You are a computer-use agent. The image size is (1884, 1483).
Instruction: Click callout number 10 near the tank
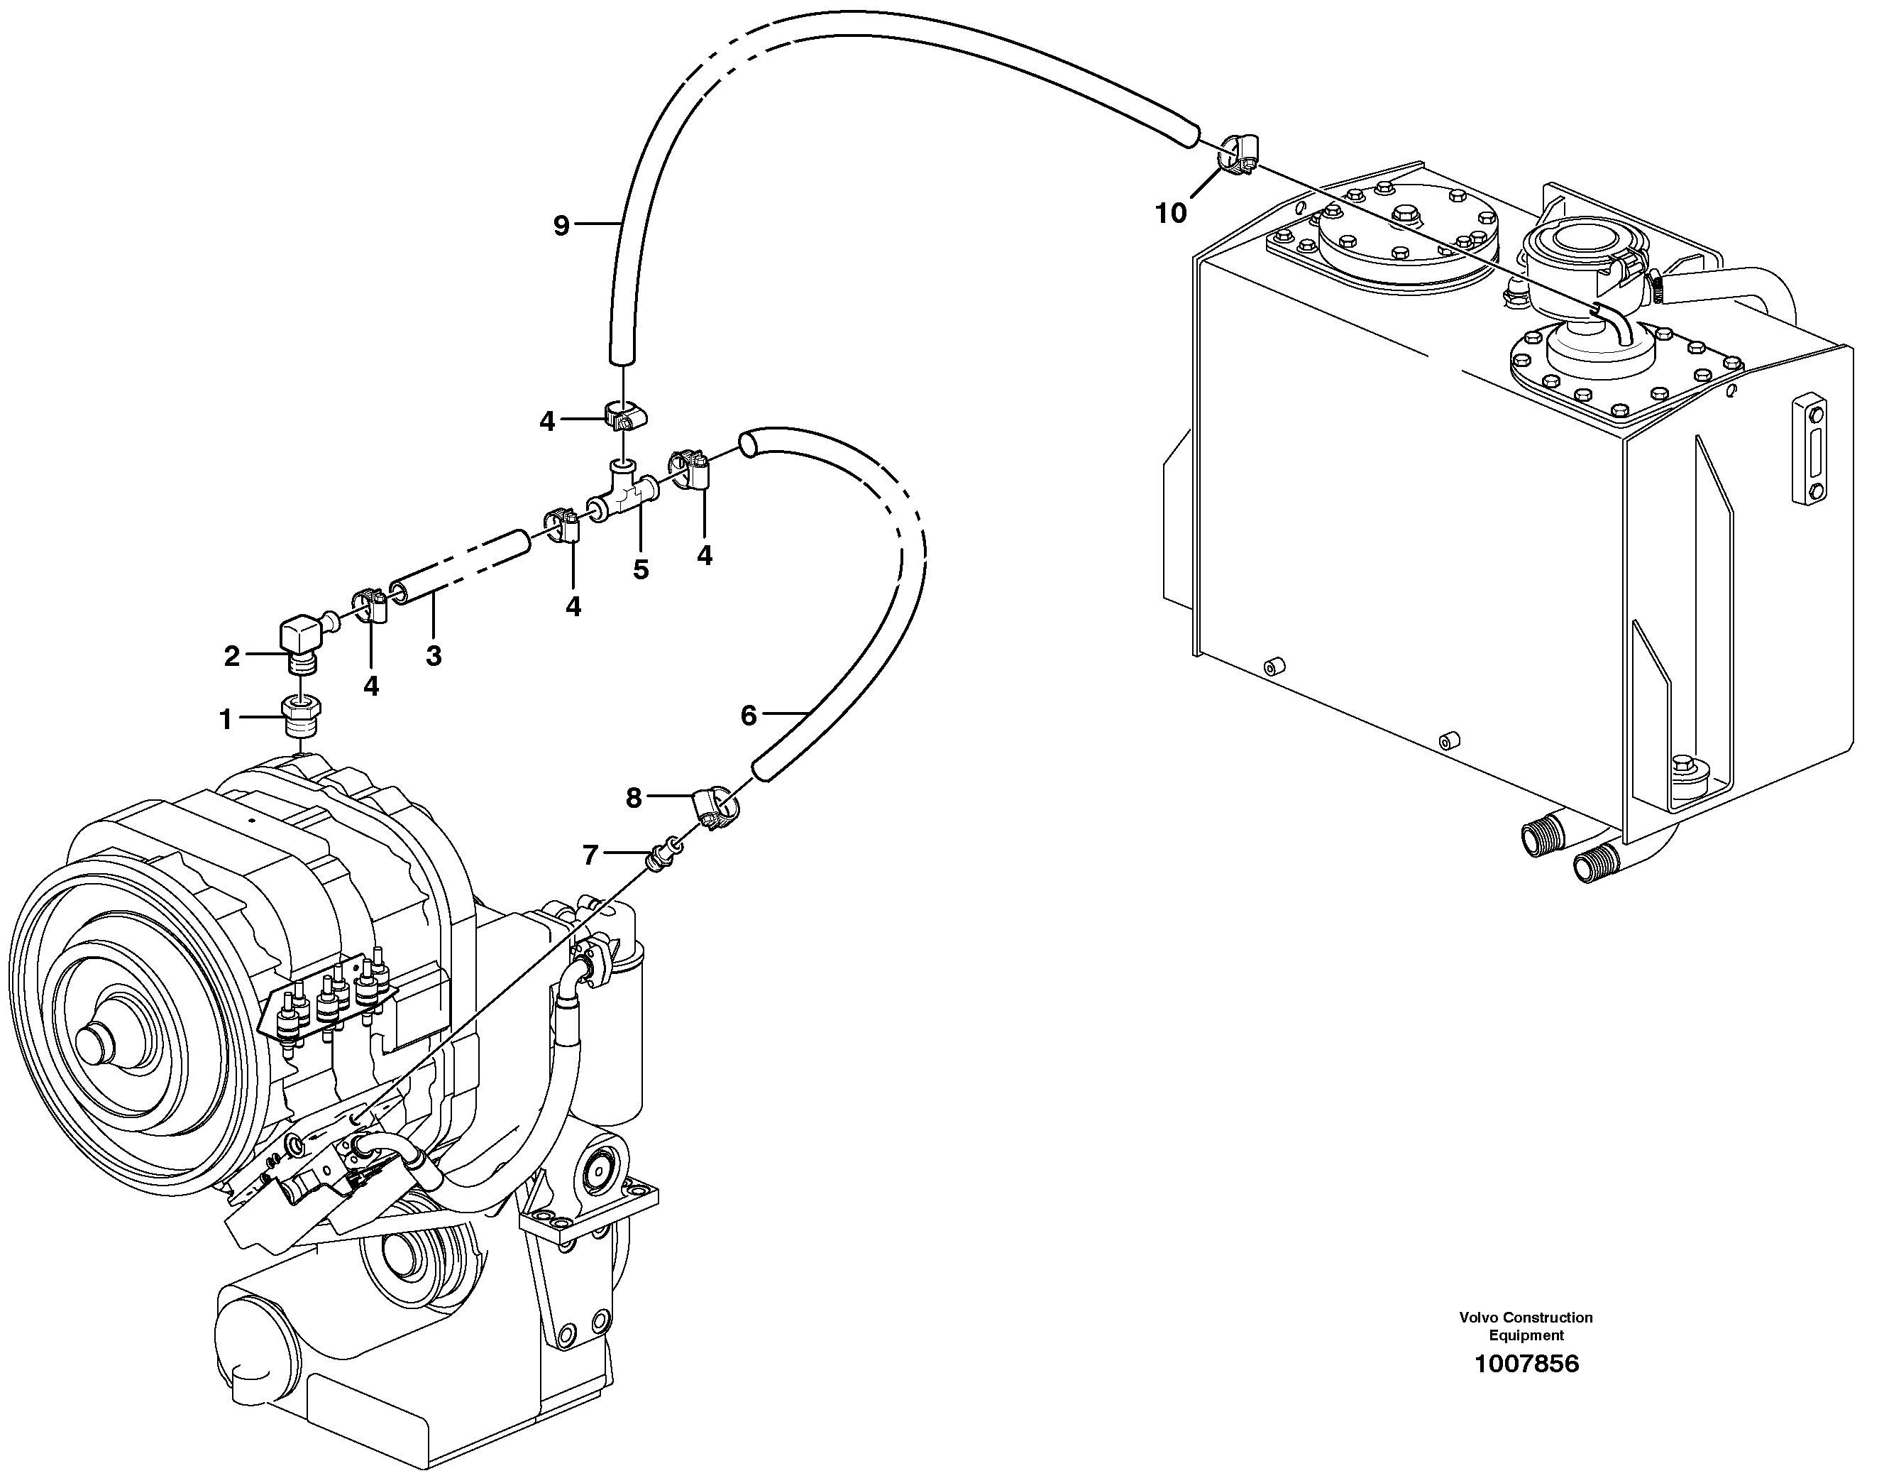tap(1170, 213)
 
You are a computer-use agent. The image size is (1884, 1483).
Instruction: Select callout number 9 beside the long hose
tap(561, 226)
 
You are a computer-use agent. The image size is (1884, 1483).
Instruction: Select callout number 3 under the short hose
tap(434, 655)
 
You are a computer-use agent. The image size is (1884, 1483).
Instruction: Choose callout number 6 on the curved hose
tap(748, 716)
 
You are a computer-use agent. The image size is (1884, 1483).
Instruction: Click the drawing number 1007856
tap(1526, 1364)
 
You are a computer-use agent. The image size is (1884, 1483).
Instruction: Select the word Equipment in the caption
tap(1526, 1335)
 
